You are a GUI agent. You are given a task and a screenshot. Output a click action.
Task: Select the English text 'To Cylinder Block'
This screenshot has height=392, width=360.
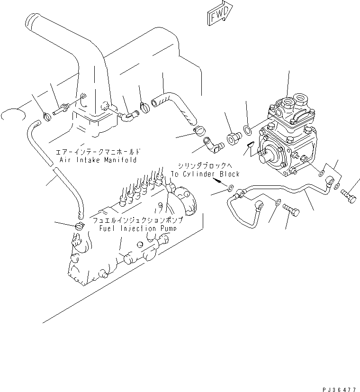205,174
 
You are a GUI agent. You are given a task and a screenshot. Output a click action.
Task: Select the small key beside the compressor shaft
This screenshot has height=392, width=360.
250,144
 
